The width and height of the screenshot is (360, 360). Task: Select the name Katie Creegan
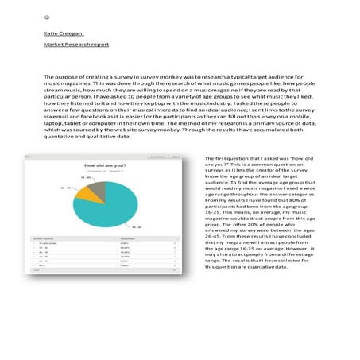click(x=62, y=33)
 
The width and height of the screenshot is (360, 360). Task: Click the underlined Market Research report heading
click(x=76, y=45)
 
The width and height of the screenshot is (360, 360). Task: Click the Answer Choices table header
click(x=42, y=237)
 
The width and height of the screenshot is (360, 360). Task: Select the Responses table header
click(x=129, y=237)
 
